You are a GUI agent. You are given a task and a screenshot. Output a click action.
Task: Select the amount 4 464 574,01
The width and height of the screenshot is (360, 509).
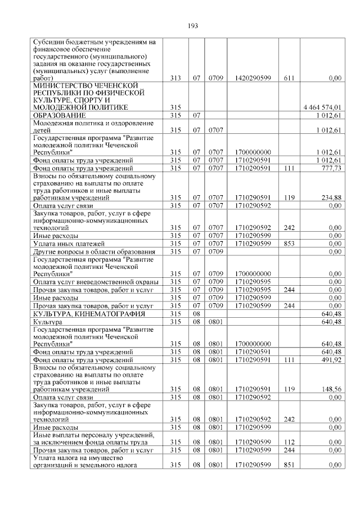click(x=322, y=107)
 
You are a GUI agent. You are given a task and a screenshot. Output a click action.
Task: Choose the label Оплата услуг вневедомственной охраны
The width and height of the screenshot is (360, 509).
click(x=95, y=281)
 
